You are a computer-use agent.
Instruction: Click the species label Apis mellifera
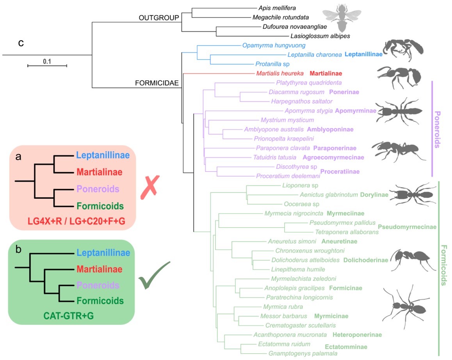277,8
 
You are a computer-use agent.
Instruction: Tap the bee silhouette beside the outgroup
342,18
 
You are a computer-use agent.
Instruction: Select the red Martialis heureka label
280,73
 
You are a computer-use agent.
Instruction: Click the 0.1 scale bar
47,66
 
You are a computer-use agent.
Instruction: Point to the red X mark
150,187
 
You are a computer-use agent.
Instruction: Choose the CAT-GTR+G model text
69,316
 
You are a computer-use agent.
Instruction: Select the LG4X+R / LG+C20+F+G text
77,221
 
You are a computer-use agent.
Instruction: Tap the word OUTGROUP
159,18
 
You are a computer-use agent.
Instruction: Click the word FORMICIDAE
157,83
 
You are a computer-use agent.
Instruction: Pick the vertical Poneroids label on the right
437,130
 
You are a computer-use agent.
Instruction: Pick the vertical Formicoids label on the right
444,266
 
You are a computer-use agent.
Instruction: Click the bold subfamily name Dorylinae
374,195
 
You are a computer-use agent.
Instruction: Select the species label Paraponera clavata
283,148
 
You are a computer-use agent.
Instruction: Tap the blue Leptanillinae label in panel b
103,253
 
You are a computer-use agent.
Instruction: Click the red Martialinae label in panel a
100,172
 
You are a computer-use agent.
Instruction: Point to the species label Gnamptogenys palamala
303,353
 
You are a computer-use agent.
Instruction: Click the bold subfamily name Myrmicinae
331,316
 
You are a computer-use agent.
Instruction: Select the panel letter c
21,43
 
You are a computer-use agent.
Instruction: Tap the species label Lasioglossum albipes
320,36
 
